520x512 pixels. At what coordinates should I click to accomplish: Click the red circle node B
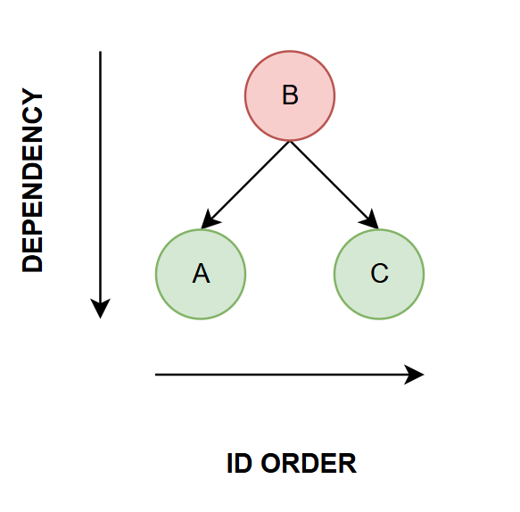tap(290, 95)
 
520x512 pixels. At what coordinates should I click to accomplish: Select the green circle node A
tap(201, 274)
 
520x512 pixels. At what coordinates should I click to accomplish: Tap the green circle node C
tap(379, 274)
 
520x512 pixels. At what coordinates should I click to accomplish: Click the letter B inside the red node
tap(290, 95)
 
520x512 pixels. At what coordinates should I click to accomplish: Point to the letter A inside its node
tap(201, 273)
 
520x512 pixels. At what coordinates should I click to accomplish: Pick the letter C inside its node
tap(379, 273)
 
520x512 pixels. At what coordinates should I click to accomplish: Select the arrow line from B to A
tap(245, 185)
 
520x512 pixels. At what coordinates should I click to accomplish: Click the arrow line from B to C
tap(334, 185)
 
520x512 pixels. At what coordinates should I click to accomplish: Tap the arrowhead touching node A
tap(210, 219)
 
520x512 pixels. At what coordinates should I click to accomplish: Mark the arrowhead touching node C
tap(370, 219)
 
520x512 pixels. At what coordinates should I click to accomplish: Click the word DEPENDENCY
tap(32, 179)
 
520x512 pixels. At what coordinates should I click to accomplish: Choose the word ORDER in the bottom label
tap(309, 463)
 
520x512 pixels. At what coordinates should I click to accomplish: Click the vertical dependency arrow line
tap(100, 185)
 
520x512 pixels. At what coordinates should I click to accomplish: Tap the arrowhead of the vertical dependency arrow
tap(100, 309)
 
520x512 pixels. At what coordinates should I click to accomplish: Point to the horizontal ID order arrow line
tap(290, 375)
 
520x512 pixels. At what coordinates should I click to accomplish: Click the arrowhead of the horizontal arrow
tap(414, 375)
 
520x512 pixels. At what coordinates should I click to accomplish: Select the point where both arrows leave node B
tap(290, 142)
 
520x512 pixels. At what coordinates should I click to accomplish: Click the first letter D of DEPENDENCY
tap(32, 263)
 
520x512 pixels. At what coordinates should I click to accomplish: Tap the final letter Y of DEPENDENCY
tap(32, 97)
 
